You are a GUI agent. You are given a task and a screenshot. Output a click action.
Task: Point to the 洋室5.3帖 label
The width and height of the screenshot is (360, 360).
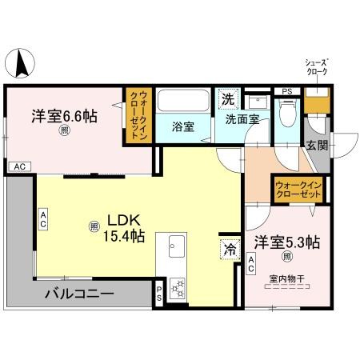tap(287, 242)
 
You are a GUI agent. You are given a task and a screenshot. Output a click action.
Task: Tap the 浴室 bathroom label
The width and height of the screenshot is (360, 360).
tap(183, 126)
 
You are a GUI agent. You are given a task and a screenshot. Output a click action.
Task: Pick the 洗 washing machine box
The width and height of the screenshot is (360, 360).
tap(229, 100)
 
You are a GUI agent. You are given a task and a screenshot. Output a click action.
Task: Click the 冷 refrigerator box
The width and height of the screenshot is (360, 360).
tap(230, 248)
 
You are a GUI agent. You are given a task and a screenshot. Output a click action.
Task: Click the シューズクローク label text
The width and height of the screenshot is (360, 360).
tap(318, 67)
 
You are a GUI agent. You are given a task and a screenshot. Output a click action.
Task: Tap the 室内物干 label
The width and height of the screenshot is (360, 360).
tap(287, 278)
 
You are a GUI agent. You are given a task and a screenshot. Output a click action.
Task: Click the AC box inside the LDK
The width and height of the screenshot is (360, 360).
tap(44, 218)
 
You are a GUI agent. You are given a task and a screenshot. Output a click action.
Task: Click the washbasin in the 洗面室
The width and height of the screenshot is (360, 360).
tap(258, 102)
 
